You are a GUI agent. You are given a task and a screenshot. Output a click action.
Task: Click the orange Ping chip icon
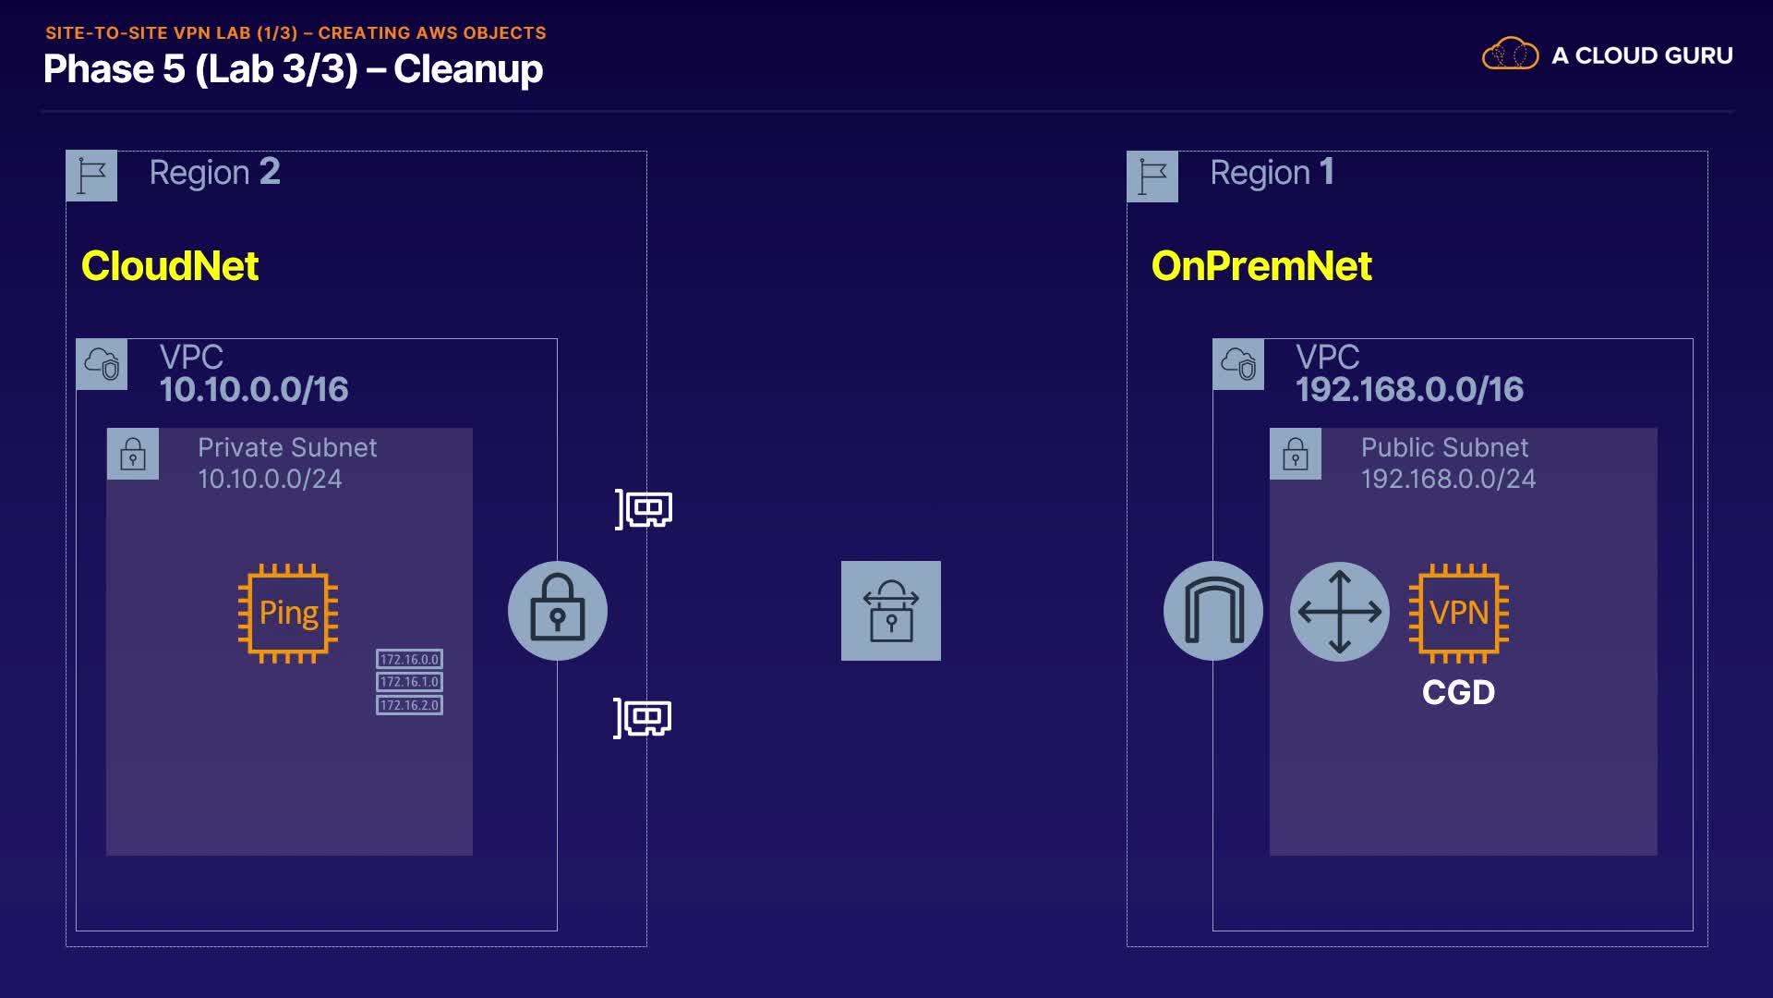pos(288,613)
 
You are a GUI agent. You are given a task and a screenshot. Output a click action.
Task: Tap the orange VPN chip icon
pos(1458,613)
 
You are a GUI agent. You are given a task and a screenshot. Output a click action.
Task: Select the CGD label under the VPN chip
pos(1458,692)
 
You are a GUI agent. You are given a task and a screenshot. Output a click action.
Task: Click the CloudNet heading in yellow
pos(170,266)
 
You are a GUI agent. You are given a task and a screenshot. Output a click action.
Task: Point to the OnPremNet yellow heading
pos(1261,266)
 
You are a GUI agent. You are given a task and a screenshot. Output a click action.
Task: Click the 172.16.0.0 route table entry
pos(409,659)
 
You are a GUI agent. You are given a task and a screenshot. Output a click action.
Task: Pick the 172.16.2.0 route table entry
pos(409,705)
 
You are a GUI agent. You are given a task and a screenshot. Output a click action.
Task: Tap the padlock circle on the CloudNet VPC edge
pos(558,611)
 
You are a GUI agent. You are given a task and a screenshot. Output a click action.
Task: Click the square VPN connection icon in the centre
pos(891,611)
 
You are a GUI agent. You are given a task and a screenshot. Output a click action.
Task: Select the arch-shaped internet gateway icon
pos(1213,611)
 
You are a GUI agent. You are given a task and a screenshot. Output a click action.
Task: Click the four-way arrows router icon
pos(1340,611)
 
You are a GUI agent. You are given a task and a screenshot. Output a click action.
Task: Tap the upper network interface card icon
pos(645,509)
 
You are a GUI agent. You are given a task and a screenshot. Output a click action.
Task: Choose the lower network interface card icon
pos(644,718)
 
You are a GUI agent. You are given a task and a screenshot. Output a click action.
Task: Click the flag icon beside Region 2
pos(91,176)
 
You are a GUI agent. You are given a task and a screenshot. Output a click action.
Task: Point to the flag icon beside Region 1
pos(1152,176)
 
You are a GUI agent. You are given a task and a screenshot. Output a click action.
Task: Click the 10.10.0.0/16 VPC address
pos(254,390)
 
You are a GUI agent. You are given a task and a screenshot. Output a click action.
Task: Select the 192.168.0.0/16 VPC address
pos(1409,390)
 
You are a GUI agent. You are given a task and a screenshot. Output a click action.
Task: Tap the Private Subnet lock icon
pos(133,454)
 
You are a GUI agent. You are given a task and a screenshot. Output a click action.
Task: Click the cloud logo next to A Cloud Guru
pos(1510,55)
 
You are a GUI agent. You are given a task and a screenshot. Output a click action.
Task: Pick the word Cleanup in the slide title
pos(468,69)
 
